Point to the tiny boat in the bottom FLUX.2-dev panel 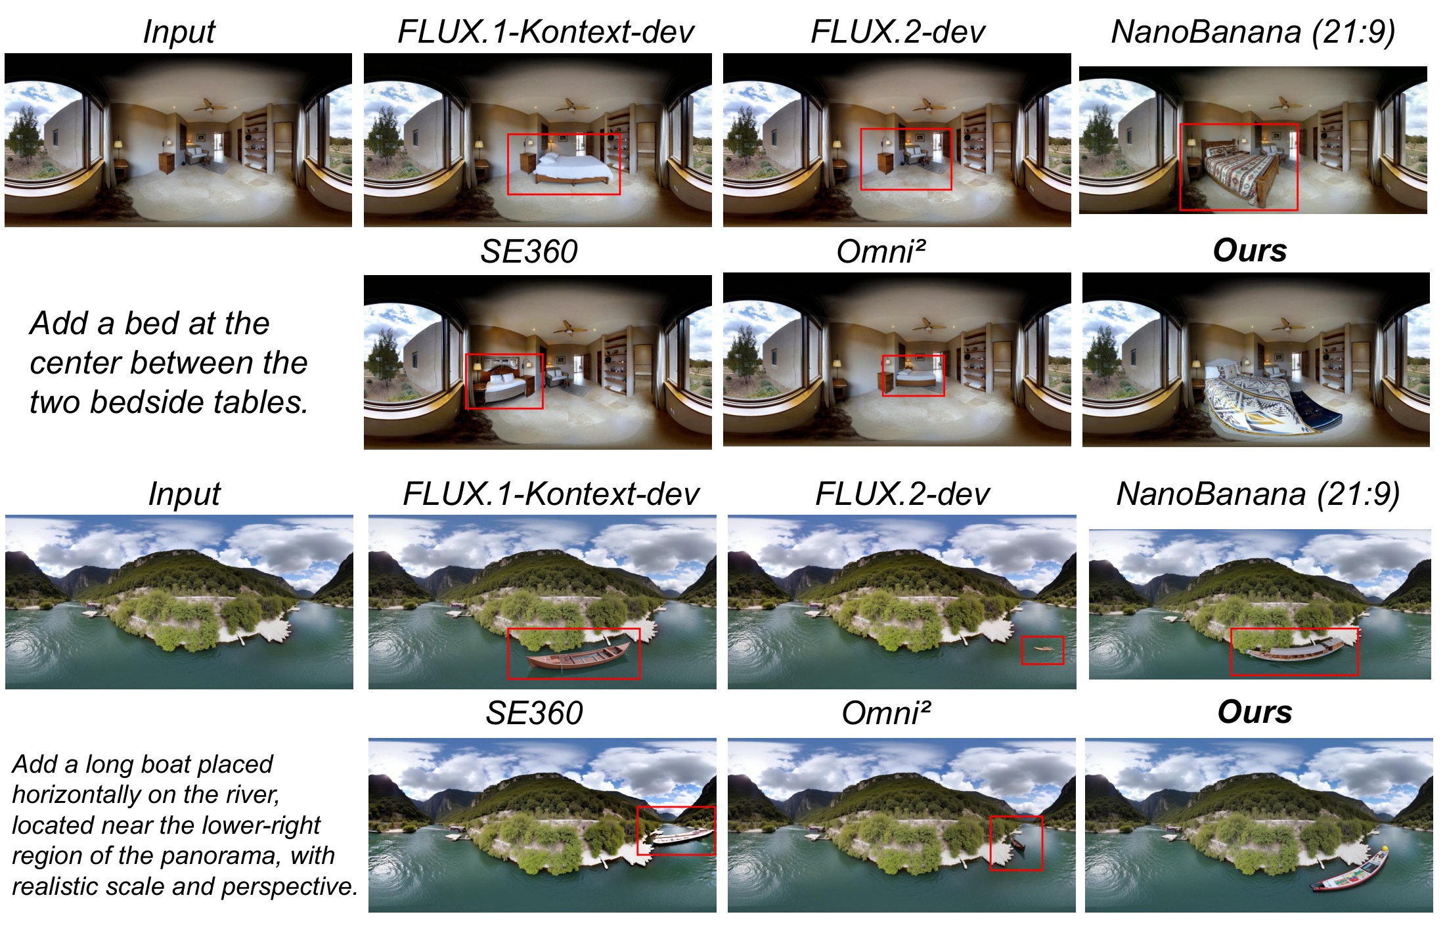pos(1042,649)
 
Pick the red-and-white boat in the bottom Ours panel pos(1350,870)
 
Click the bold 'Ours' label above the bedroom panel pos(1250,250)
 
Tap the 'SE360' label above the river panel pos(534,712)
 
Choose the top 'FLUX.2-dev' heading pos(898,32)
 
